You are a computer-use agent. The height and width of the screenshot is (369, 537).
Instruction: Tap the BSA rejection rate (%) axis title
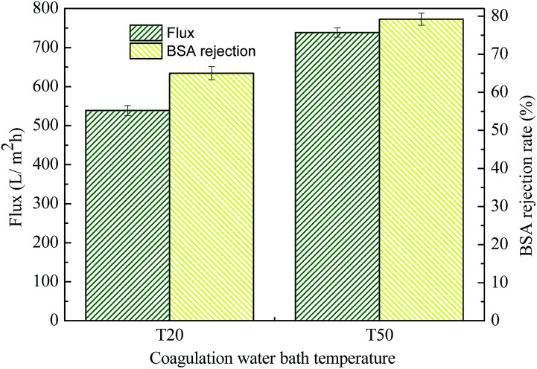coord(522,164)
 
